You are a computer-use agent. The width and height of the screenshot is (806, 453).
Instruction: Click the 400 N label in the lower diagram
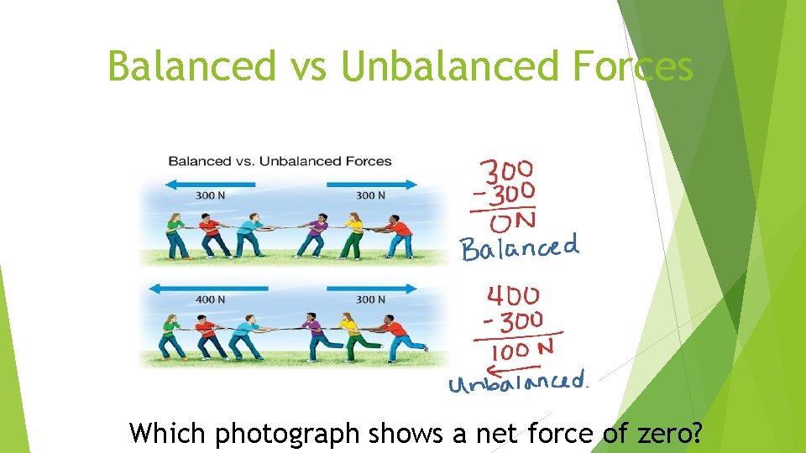coord(210,299)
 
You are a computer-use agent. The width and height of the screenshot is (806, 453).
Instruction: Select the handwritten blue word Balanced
coord(519,248)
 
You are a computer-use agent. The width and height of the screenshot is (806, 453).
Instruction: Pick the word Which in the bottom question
coord(170,434)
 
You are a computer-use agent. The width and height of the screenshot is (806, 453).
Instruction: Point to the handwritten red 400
coord(513,296)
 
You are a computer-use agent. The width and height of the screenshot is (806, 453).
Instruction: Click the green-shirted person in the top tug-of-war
coord(176,234)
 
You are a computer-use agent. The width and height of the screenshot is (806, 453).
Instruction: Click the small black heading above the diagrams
coord(280,161)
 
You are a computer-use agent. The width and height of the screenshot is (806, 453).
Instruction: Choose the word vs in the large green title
coord(307,66)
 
